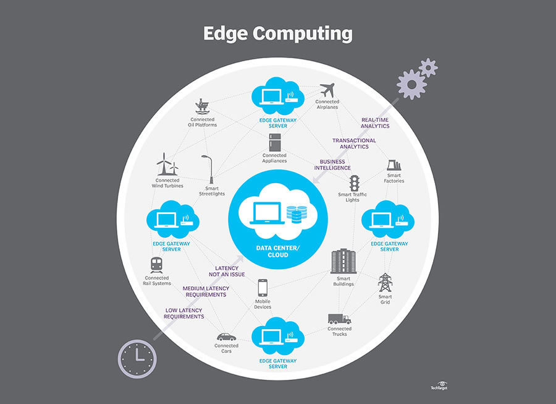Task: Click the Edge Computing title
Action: (277, 33)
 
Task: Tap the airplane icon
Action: (327, 90)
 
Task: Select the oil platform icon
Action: (202, 106)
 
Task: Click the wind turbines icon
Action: (167, 165)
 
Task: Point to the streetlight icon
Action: (208, 168)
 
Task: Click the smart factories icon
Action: (394, 165)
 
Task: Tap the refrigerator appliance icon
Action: (275, 142)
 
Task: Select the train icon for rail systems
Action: (156, 265)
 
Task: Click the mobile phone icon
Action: (263, 288)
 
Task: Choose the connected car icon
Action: (226, 337)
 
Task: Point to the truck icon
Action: (339, 319)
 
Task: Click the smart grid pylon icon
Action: (385, 283)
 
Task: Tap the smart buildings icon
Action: (343, 261)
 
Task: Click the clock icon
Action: (137, 357)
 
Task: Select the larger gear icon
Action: (411, 84)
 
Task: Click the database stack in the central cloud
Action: (297, 214)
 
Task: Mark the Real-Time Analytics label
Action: (376, 122)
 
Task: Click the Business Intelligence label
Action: (332, 165)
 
